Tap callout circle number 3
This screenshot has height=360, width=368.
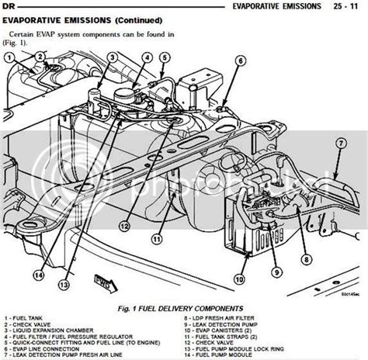(x=112, y=57)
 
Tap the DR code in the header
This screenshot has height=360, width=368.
(x=10, y=7)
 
